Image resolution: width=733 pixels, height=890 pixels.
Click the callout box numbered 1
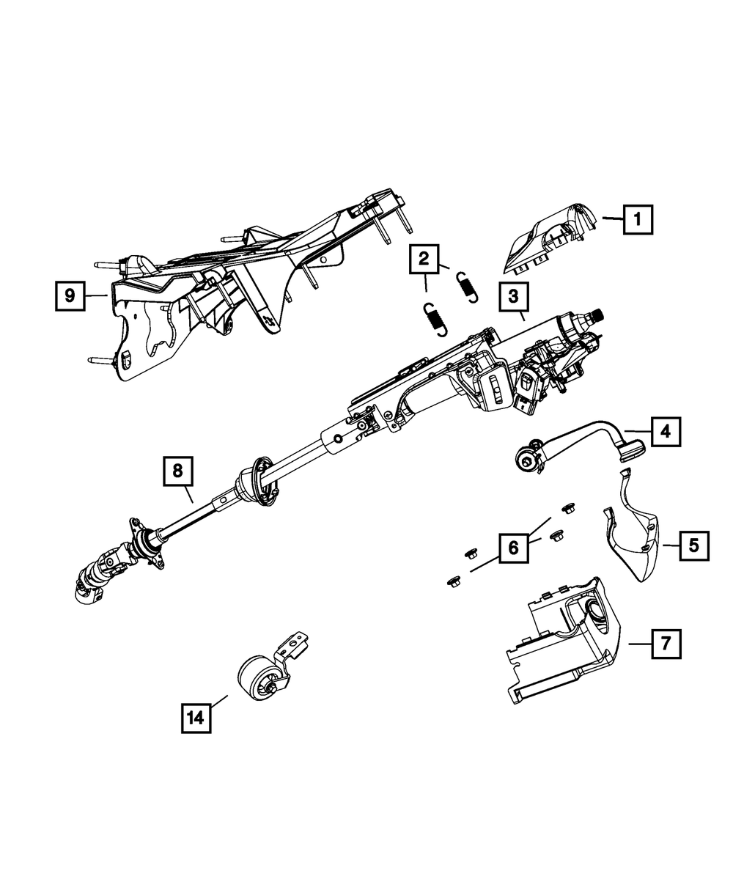pos(638,218)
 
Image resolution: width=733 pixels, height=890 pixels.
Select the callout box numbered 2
pos(424,258)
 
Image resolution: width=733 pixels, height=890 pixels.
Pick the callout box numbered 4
pos(666,433)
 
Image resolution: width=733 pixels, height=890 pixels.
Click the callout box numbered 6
pos(513,547)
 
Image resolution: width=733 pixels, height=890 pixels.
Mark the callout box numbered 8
pos(178,471)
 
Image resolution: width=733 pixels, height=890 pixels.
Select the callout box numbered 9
pos(70,295)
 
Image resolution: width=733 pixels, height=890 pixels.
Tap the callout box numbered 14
pos(195,718)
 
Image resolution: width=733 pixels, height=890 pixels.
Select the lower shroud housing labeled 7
pos(564,645)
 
